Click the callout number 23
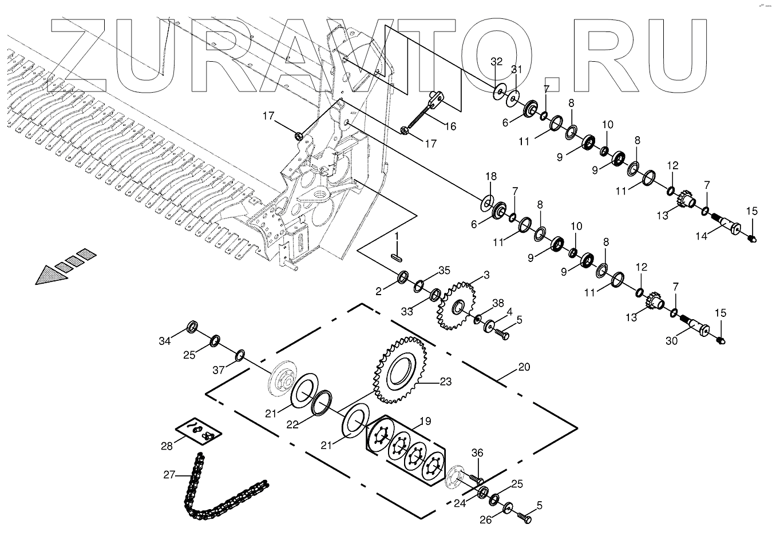point(446,382)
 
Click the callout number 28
point(167,446)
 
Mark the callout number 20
point(524,367)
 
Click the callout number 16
point(450,126)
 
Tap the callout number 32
point(497,61)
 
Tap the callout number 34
point(165,342)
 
